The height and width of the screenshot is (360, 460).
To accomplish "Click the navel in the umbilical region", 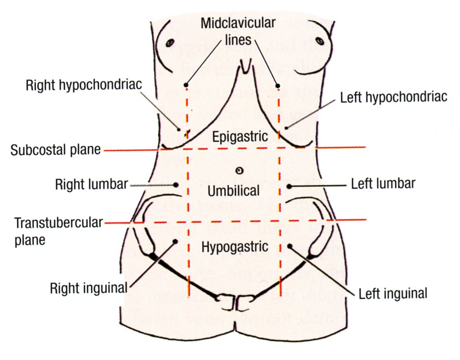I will (x=240, y=170).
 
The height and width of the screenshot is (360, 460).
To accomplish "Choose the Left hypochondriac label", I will (x=394, y=97).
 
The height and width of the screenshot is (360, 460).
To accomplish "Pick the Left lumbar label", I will (x=383, y=184).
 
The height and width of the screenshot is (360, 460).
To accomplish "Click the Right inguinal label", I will (x=89, y=288).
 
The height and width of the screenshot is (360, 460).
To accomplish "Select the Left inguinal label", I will (x=393, y=293).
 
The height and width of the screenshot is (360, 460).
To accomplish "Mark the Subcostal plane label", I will (x=56, y=150).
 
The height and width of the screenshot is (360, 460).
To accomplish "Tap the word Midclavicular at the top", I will (x=238, y=22).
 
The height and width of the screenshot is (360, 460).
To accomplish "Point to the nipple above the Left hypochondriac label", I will (x=320, y=41).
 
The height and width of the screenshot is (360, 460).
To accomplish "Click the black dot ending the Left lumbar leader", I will (x=289, y=186).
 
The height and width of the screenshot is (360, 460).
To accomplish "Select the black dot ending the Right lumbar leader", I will (x=175, y=185).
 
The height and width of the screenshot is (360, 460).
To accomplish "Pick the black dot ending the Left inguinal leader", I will (x=289, y=246).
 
